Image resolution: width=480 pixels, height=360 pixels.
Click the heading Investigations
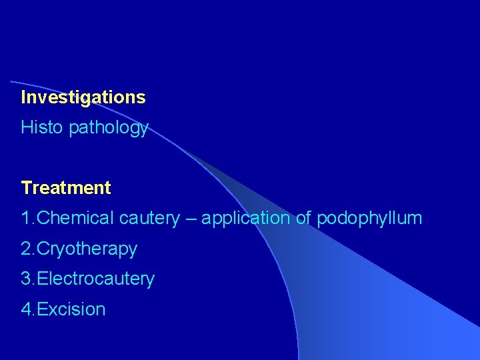83,97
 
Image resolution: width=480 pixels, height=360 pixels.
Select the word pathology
109,128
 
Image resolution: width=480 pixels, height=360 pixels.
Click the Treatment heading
66,188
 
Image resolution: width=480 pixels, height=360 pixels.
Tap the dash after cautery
191,219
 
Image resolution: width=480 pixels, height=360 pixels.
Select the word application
246,219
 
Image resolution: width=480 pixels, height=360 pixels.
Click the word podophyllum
369,219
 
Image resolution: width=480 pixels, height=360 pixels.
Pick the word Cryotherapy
87,249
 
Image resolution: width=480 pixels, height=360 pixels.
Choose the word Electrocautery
96,279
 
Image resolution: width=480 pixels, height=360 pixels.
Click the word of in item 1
303,218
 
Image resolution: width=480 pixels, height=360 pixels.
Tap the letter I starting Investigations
23,97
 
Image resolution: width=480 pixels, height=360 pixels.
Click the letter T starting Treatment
26,188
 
